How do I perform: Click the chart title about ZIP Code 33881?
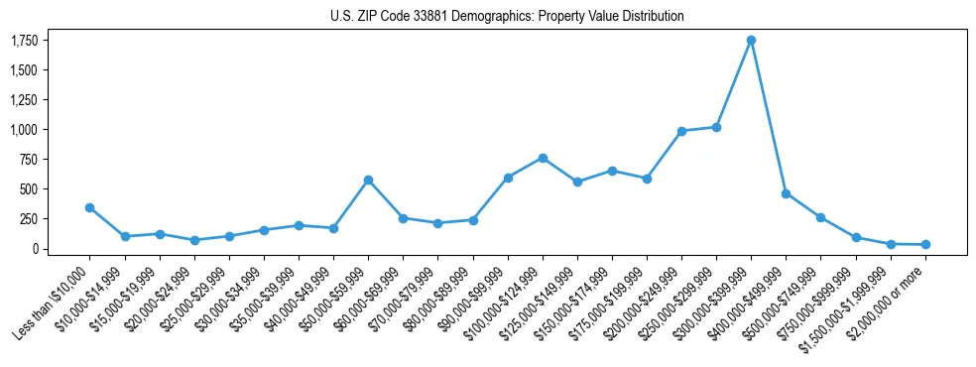click(507, 17)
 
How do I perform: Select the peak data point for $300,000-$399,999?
click(751, 41)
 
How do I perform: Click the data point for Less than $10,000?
click(90, 207)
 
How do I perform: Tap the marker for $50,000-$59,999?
click(368, 181)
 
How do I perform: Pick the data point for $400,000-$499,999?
click(786, 193)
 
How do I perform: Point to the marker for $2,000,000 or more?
click(925, 244)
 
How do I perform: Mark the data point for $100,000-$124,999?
click(543, 158)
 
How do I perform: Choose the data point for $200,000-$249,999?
click(681, 131)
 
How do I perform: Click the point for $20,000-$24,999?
click(194, 240)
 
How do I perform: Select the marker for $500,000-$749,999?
click(820, 217)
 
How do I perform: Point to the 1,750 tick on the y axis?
click(24, 41)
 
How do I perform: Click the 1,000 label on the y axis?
click(24, 130)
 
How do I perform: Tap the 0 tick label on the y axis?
click(33, 249)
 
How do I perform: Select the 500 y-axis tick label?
click(28, 189)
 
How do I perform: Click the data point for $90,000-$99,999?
click(508, 178)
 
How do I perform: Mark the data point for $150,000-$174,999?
click(612, 171)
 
